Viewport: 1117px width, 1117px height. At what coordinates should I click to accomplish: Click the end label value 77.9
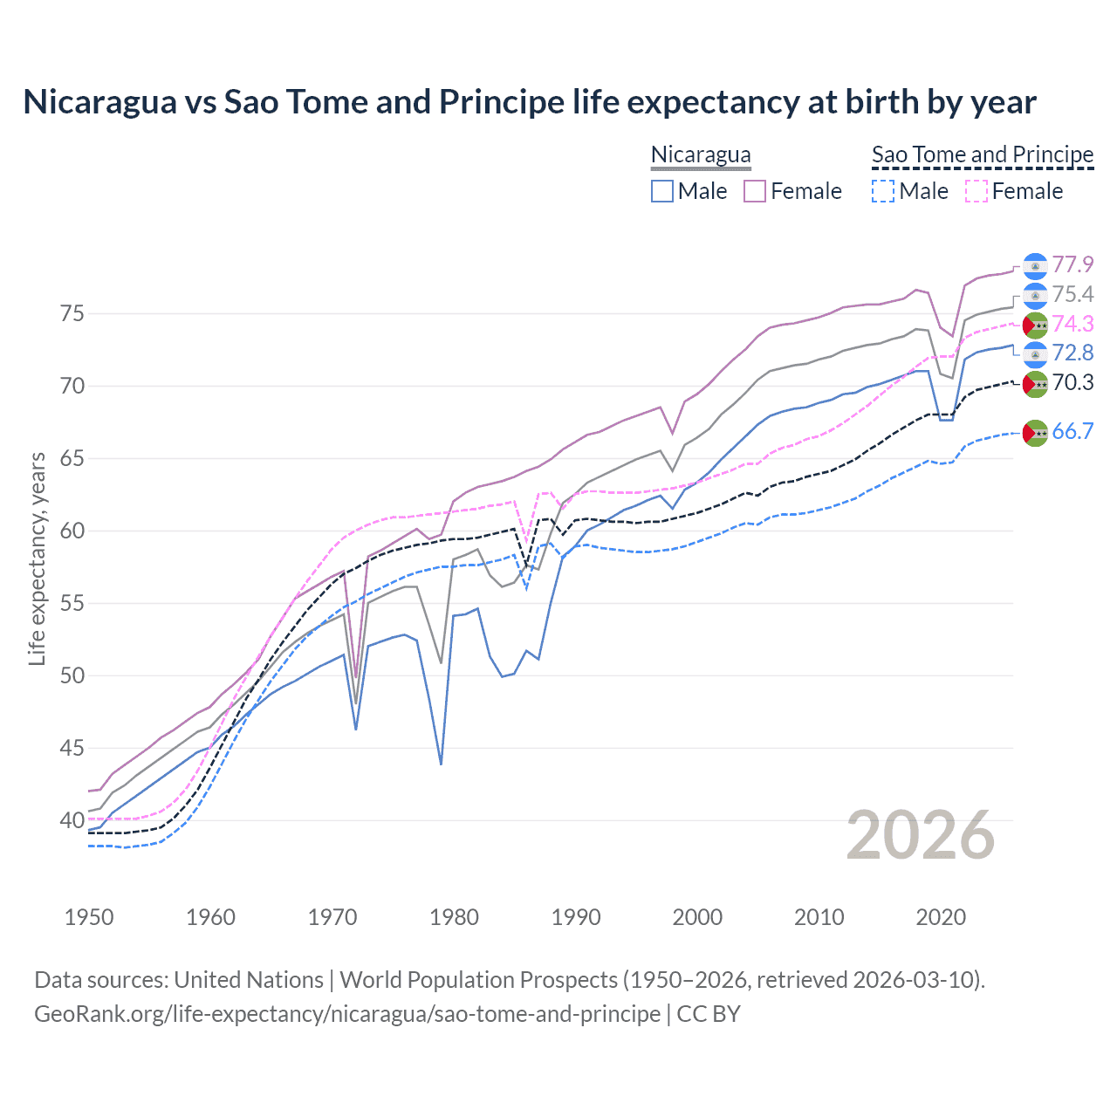1072,264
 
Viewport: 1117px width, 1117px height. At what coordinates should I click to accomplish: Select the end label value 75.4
1072,294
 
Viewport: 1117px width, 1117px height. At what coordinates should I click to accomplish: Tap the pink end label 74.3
1072,324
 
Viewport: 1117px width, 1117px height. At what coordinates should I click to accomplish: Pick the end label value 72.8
1072,353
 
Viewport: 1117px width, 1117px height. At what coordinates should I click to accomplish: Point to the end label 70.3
1072,382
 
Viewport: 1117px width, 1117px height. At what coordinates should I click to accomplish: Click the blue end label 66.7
1072,431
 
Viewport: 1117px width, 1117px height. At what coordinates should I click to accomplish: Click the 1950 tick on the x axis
89,917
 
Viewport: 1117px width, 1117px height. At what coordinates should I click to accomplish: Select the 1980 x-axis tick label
454,917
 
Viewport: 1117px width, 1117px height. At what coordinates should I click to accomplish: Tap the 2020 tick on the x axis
941,917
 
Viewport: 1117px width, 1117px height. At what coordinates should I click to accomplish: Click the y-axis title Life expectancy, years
37,559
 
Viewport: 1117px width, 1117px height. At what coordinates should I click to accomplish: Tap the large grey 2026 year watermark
920,835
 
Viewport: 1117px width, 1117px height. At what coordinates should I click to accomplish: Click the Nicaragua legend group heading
701,155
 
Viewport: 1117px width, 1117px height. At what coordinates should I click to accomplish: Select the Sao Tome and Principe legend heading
983,155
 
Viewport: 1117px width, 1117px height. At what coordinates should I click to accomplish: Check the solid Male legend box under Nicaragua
662,191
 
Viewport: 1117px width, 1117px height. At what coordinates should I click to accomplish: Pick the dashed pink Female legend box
977,191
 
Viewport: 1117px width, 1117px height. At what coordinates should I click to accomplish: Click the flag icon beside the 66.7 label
1035,432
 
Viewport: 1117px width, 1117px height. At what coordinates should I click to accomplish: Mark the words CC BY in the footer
709,1014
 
